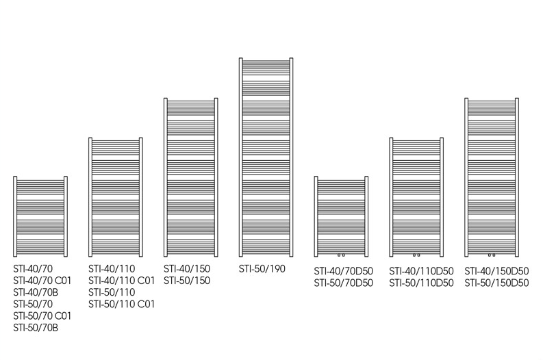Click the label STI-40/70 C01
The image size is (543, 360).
pyautogui.click(x=42, y=280)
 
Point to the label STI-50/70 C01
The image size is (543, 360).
pyautogui.click(x=42, y=316)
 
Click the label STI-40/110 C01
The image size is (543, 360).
pyautogui.click(x=121, y=280)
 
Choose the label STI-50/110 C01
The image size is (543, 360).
pyautogui.click(x=121, y=304)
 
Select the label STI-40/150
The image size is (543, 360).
pyautogui.click(x=187, y=268)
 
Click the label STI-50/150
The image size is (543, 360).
pyautogui.click(x=187, y=280)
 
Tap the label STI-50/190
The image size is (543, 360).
pyautogui.click(x=262, y=268)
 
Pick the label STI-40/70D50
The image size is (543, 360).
pyautogui.click(x=343, y=271)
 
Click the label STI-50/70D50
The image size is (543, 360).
pyautogui.click(x=343, y=283)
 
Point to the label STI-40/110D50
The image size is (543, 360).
pyautogui.click(x=421, y=271)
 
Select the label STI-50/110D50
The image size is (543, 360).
pyautogui.click(x=421, y=283)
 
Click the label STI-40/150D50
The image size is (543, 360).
pyautogui.click(x=496, y=271)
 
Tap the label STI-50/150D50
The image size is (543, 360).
pyautogui.click(x=496, y=283)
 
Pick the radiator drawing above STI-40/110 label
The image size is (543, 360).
pyautogui.click(x=116, y=195)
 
